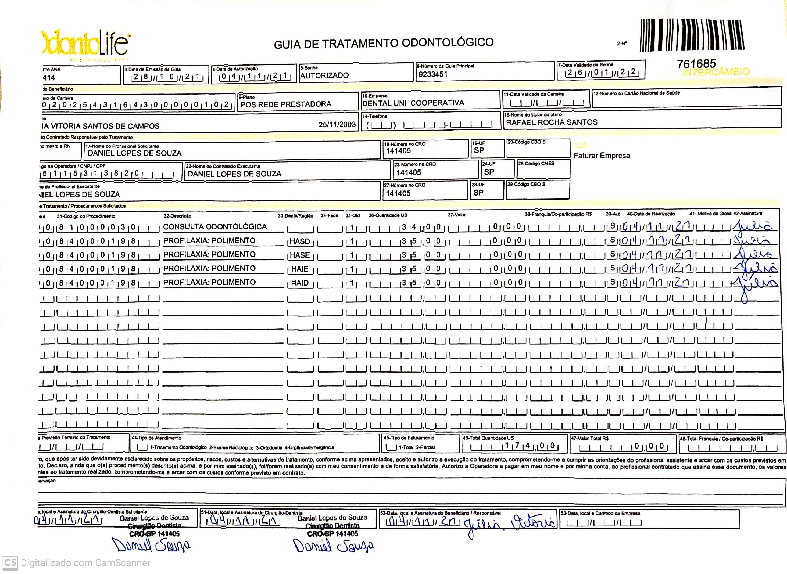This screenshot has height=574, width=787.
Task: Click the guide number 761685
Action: point(696,64)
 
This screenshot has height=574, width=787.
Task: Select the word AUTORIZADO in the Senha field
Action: point(324,75)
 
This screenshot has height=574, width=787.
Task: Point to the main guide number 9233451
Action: point(433,74)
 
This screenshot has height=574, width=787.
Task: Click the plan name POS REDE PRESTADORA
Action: point(286,104)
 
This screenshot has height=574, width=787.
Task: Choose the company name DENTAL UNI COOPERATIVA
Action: point(413,103)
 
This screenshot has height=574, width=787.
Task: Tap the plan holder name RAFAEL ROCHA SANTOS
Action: point(552,122)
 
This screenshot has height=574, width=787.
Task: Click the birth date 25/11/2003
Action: point(337,124)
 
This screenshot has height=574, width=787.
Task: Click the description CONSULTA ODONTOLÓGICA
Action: point(215,226)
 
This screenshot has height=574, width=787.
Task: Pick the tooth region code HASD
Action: point(300,241)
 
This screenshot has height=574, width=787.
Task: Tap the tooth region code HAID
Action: point(300,283)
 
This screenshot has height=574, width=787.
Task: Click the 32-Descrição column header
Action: point(177,216)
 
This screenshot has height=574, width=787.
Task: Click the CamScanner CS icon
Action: point(10,562)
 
